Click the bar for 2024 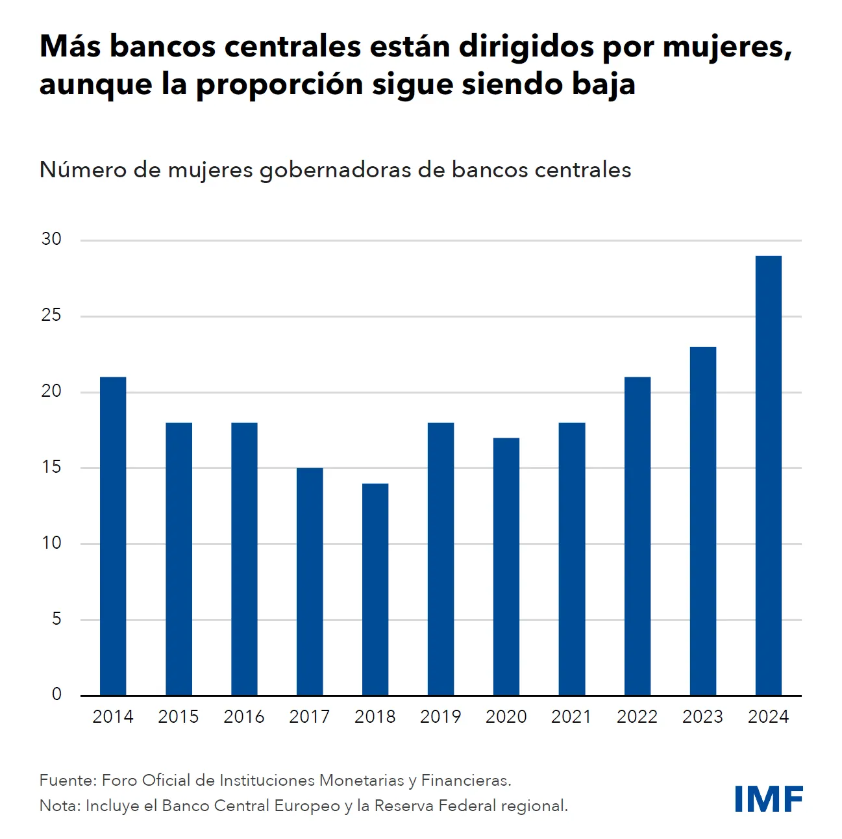768,475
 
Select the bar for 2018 375,589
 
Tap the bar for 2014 113,536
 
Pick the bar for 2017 310,581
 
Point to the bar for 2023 702,521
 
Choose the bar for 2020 506,566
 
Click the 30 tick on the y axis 51,239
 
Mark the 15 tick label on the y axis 51,467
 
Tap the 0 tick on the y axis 56,694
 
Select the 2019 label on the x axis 440,717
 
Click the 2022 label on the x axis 637,717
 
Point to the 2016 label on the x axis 244,717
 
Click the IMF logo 769,799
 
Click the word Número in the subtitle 82,169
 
